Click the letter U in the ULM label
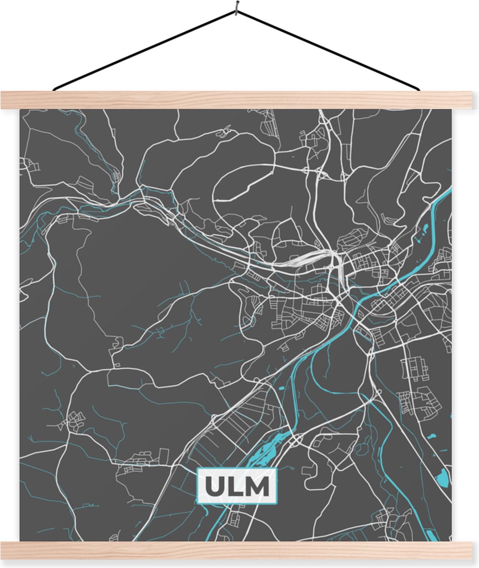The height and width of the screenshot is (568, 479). tap(214, 486)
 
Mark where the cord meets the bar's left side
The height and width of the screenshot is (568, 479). tap(54, 89)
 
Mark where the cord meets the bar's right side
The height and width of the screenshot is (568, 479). tap(419, 89)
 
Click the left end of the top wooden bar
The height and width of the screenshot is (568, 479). tap(4, 100)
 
